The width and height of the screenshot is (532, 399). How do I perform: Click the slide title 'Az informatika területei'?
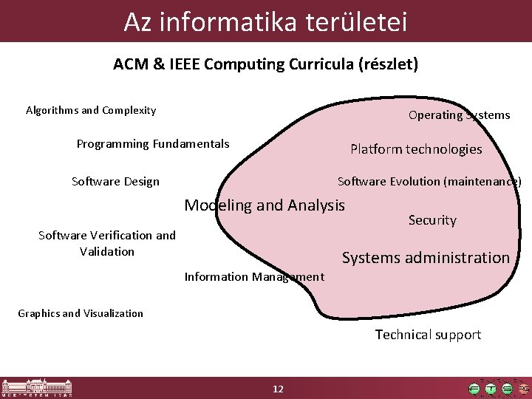coord(265,21)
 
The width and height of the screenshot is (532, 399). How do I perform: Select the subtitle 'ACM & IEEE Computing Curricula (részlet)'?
coord(265,64)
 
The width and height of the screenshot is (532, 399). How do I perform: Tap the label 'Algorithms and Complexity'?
coord(91,111)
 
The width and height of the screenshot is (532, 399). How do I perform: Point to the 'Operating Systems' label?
coord(459,115)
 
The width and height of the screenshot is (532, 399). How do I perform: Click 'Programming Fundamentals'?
coord(153,144)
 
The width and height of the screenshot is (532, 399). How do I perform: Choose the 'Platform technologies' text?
coord(416,149)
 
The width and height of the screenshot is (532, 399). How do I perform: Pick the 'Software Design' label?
coord(115,182)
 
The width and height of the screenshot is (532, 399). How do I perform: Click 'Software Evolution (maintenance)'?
coord(429,182)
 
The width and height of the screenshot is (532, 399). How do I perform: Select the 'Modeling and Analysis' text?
coord(265,205)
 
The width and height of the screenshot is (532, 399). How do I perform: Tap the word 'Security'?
coord(432,220)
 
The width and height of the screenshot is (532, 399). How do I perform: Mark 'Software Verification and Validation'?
coord(107,243)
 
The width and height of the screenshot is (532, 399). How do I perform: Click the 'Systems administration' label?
coord(426,258)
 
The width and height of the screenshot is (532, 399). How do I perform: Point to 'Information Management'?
coord(254,277)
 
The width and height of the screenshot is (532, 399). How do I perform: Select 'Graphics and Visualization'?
coord(81,313)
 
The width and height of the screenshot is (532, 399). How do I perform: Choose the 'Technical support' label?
coord(428,335)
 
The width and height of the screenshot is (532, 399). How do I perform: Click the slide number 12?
coord(278,389)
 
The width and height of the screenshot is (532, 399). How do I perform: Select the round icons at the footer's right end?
coord(499,388)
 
